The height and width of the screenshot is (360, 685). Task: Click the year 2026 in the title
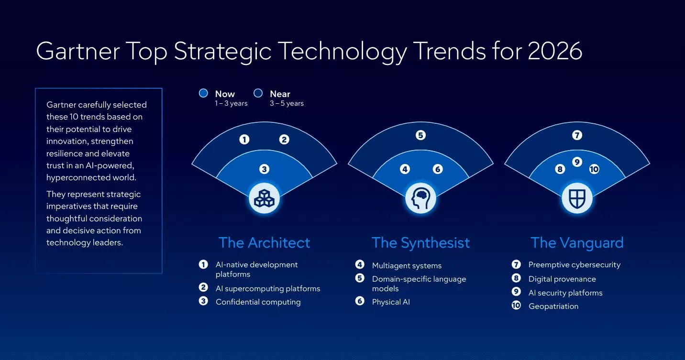pyautogui.click(x=555, y=51)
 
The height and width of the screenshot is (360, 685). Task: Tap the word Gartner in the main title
pyautogui.click(x=77, y=51)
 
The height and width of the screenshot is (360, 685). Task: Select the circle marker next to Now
pyautogui.click(x=203, y=93)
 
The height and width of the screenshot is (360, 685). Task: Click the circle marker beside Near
pyautogui.click(x=258, y=93)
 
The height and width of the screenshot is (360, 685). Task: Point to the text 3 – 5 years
pyautogui.click(x=287, y=103)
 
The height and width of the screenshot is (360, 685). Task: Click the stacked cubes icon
pyautogui.click(x=264, y=198)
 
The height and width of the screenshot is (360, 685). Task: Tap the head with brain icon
pyautogui.click(x=420, y=198)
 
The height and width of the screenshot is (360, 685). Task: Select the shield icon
pyautogui.click(x=577, y=198)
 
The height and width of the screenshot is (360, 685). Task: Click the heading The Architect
pyautogui.click(x=264, y=242)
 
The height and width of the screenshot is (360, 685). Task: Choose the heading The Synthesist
pyautogui.click(x=420, y=242)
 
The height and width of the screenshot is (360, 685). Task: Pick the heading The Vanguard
pyautogui.click(x=577, y=242)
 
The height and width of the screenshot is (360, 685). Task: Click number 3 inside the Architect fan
pyautogui.click(x=264, y=169)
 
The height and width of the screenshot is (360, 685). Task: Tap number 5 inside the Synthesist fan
pyautogui.click(x=420, y=135)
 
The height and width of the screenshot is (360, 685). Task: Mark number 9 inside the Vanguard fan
pyautogui.click(x=577, y=162)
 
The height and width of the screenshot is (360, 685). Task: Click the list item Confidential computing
pyautogui.click(x=258, y=302)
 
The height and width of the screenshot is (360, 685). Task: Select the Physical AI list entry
pyautogui.click(x=391, y=302)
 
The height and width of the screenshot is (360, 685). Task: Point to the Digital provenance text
pyautogui.click(x=562, y=279)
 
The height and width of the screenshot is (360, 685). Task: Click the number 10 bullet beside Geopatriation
pyautogui.click(x=516, y=305)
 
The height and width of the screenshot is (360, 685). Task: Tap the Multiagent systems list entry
pyautogui.click(x=407, y=265)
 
